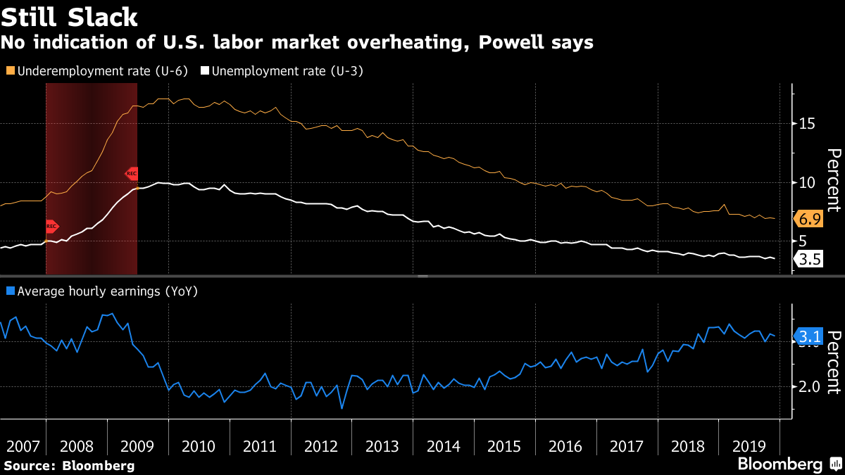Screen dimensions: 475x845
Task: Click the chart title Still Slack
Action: [69, 16]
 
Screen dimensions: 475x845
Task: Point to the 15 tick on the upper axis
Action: [806, 123]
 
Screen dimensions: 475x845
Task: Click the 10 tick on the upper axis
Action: [806, 182]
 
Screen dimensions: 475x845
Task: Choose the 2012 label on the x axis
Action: [320, 446]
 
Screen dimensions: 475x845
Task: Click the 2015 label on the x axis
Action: [504, 446]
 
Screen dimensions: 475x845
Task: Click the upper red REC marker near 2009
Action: [132, 173]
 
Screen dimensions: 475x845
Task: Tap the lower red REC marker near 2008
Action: [51, 227]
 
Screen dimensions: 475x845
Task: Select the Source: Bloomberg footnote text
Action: [69, 465]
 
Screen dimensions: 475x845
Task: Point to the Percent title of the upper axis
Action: [833, 180]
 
